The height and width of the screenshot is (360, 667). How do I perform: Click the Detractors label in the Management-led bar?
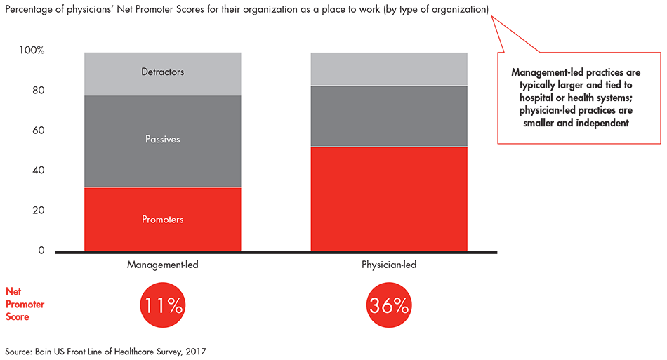point(162,72)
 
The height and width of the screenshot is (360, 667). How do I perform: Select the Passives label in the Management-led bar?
point(162,139)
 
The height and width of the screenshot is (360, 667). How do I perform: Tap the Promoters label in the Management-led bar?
point(162,220)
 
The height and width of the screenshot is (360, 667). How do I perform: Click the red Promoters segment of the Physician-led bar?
point(389,199)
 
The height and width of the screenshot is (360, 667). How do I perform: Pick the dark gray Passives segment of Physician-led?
point(389,116)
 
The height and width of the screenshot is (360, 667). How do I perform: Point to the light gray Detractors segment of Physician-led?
point(389,69)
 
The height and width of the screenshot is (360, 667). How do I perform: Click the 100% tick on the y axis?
point(32,50)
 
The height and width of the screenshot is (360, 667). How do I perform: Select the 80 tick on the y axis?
point(39,90)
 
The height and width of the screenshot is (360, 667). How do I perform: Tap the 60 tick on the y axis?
point(39,130)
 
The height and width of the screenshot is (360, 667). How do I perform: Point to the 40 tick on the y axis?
point(39,170)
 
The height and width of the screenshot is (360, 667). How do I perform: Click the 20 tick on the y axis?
point(39,210)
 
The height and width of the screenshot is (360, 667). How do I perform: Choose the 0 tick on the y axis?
point(41,251)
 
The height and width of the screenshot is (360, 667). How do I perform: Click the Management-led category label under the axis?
point(162,265)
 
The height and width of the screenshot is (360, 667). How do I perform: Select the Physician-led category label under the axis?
point(389,265)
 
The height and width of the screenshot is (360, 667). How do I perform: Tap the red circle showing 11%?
point(162,305)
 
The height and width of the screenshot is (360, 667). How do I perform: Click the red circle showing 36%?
point(389,305)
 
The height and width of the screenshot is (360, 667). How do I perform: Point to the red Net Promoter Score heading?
point(25,304)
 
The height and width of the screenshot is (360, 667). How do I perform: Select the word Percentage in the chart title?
point(29,9)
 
